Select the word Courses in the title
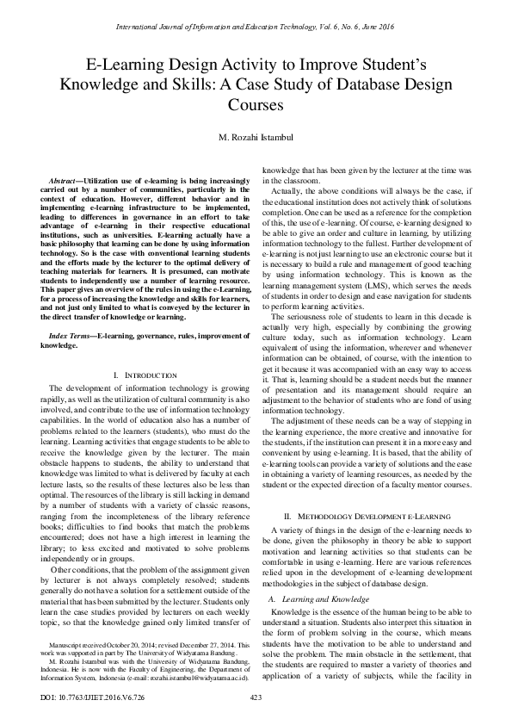tap(256, 105)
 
